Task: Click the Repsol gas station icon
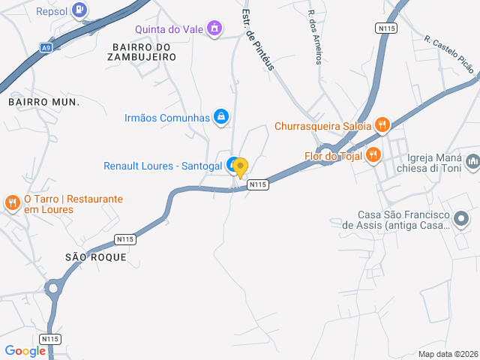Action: point(80,10)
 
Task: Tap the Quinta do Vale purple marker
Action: point(215,28)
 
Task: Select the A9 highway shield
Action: point(46,47)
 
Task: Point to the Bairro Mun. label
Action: point(43,100)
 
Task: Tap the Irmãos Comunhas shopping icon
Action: point(220,116)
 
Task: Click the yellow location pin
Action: point(240,166)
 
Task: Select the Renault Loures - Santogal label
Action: point(162,166)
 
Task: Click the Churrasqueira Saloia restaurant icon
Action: point(382,125)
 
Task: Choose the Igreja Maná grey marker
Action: point(472,161)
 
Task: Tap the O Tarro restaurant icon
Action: point(12,202)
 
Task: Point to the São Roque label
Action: point(96,257)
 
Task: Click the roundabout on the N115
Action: point(52,288)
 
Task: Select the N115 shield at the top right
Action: point(385,28)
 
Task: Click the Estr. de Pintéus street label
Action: point(258,40)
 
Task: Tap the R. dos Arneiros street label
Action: point(315,37)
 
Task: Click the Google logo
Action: point(25,351)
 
